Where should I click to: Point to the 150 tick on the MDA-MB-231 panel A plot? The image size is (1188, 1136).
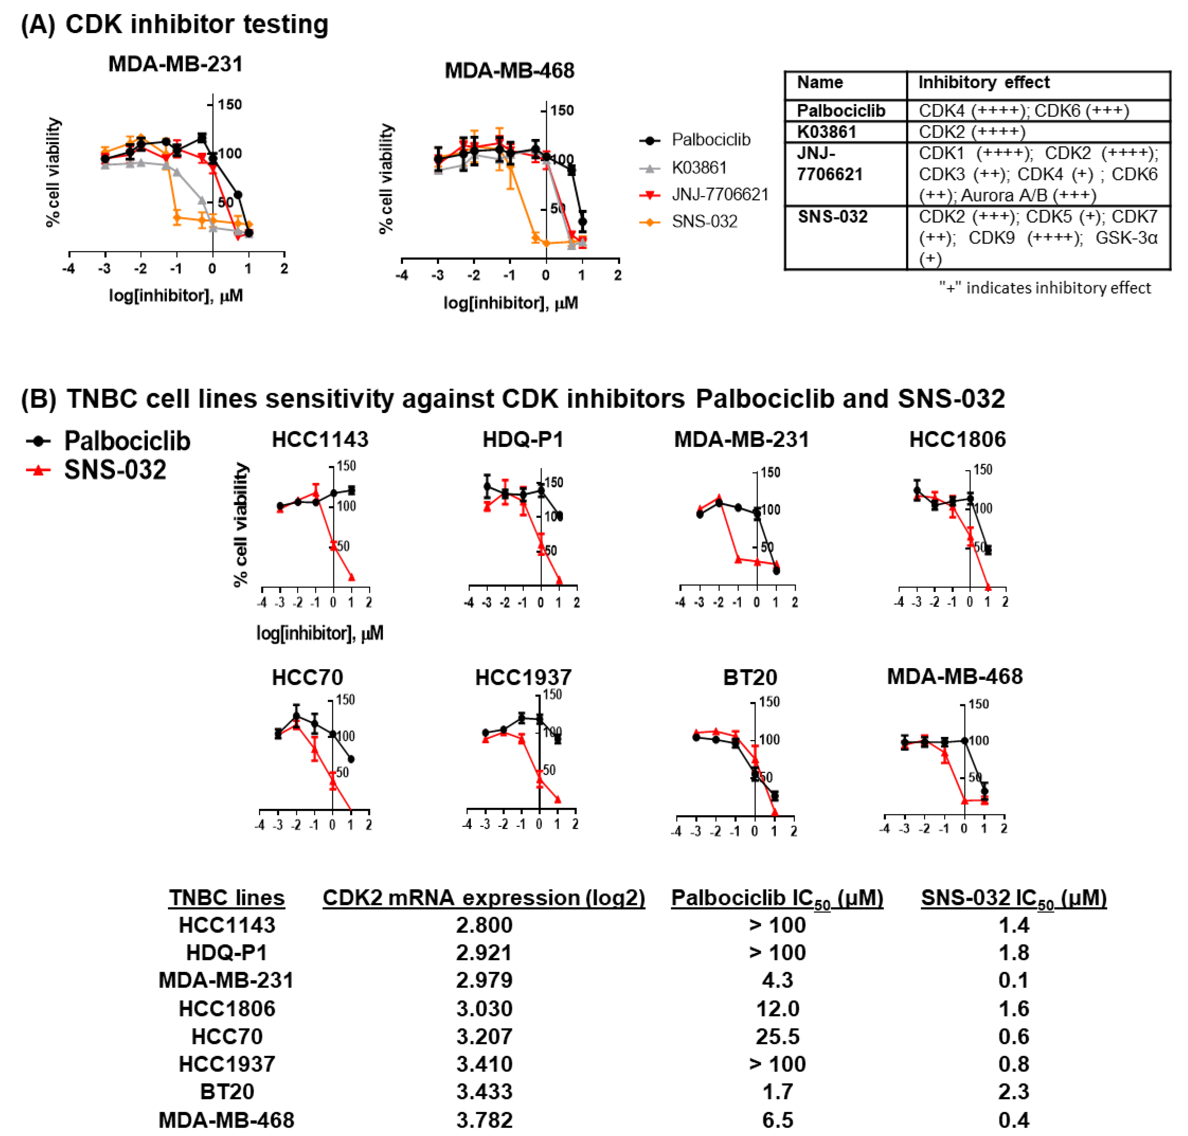tap(229, 105)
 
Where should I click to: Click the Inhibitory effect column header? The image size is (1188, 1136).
tap(983, 82)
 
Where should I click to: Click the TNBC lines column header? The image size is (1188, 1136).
tap(227, 897)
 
